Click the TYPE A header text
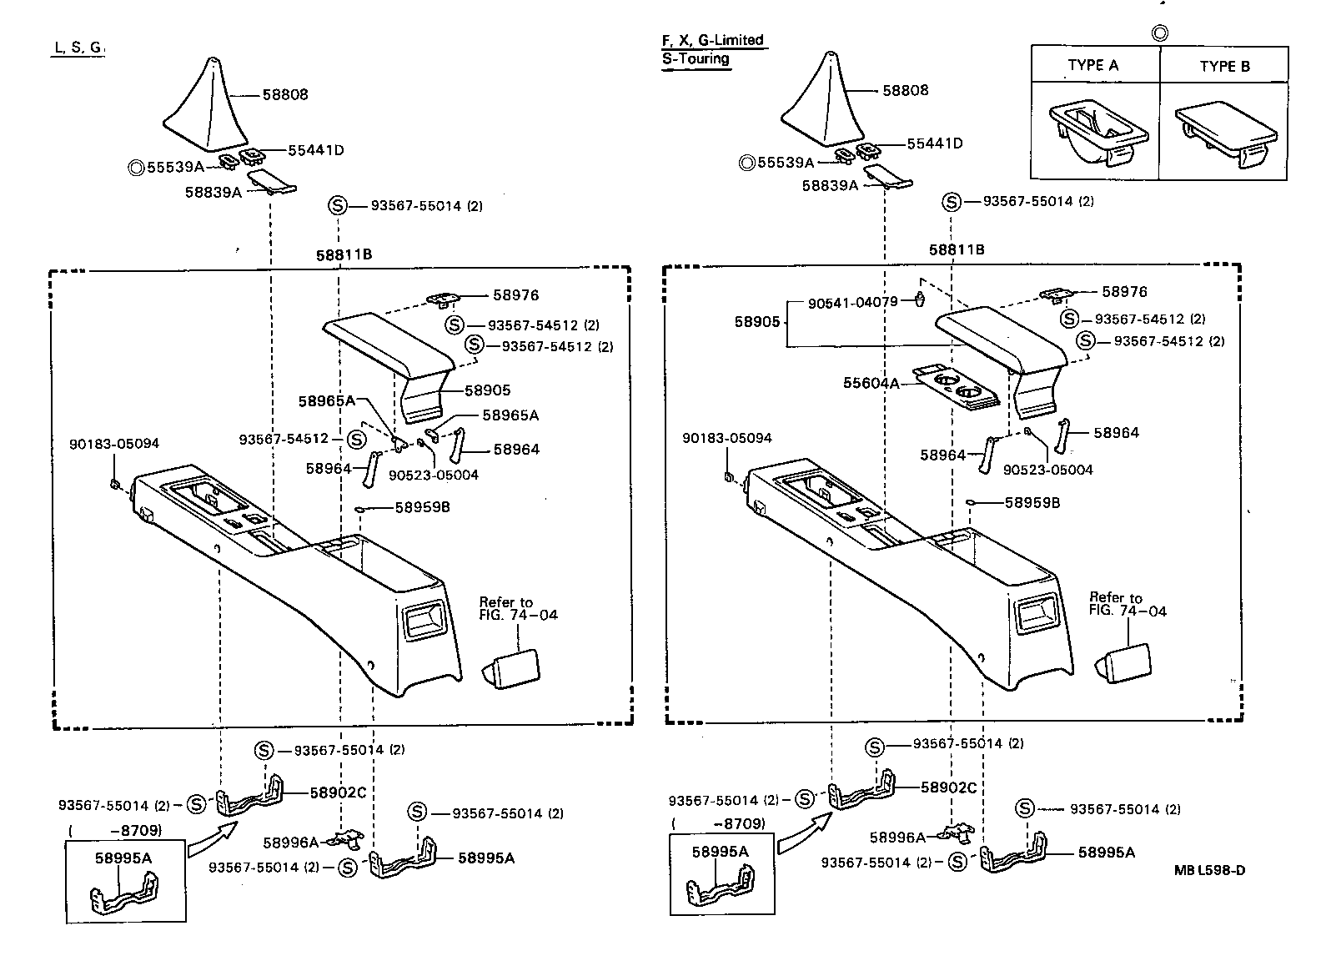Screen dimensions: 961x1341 1093,65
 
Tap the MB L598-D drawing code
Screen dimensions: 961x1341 1209,870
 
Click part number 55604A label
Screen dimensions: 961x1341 871,383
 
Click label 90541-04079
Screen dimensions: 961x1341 852,302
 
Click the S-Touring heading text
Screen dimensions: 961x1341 696,59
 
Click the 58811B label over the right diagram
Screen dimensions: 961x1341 957,249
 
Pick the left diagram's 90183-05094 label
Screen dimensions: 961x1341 113,445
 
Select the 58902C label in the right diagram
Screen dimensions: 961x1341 948,787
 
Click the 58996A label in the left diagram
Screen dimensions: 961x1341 291,843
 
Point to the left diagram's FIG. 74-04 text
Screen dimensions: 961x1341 518,615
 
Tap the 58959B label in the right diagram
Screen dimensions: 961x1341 1032,503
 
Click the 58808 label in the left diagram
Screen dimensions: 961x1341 285,94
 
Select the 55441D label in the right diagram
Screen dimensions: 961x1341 934,143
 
